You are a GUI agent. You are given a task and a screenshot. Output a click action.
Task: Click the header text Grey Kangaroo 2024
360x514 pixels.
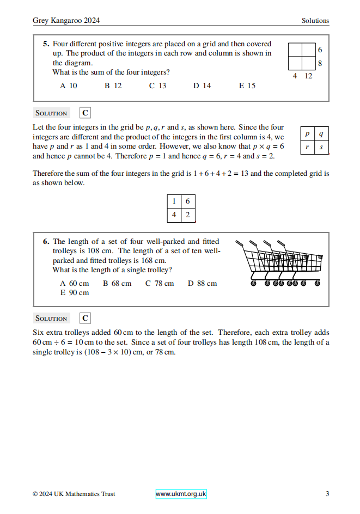(x=66, y=21)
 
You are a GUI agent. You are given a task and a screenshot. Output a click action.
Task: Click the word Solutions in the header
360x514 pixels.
(x=315, y=21)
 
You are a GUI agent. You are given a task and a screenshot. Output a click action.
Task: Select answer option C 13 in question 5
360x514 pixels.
(x=157, y=85)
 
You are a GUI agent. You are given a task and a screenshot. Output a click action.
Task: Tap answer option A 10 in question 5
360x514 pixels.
(x=69, y=85)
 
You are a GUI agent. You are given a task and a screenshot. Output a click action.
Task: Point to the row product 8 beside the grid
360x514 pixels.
(x=320, y=63)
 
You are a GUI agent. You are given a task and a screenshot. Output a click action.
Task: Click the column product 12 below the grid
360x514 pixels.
(x=308, y=76)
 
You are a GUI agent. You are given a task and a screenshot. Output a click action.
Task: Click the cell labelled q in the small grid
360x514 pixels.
(x=321, y=133)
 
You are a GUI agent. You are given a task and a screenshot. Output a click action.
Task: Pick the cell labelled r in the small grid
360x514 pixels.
(x=307, y=147)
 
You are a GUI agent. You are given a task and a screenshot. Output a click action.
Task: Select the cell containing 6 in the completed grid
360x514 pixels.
(x=188, y=201)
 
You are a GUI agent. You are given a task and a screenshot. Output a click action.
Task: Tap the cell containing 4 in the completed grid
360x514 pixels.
(x=174, y=215)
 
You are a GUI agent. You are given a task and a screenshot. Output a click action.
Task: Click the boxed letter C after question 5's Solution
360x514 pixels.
(x=85, y=113)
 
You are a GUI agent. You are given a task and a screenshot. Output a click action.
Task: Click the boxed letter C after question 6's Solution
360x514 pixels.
(x=85, y=318)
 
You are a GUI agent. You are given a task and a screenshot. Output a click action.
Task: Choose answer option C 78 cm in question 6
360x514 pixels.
(x=160, y=283)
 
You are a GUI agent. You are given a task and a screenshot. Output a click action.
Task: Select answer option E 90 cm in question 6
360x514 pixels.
(x=74, y=292)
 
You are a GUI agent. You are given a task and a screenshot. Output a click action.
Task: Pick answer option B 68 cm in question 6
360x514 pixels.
(x=117, y=283)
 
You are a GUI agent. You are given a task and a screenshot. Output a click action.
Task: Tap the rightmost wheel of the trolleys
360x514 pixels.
(x=318, y=283)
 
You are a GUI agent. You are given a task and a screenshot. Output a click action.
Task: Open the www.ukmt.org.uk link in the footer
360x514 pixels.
(x=181, y=494)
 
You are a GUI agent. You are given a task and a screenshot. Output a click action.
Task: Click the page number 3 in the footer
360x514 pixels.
(x=327, y=494)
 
